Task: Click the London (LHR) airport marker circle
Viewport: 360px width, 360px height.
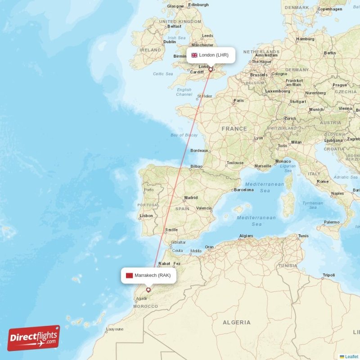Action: click(x=210, y=69)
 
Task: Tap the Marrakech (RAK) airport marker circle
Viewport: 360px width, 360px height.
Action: click(x=148, y=290)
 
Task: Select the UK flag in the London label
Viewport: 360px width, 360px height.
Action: click(x=194, y=55)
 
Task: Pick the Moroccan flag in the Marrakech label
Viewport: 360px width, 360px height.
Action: click(x=129, y=275)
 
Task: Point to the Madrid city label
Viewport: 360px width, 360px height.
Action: click(x=191, y=198)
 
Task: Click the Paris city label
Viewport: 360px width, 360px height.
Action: click(x=238, y=100)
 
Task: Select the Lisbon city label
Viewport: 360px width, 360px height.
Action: click(x=146, y=216)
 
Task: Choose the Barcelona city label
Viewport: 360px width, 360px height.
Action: click(x=244, y=190)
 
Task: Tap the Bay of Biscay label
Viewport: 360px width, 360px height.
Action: click(x=184, y=135)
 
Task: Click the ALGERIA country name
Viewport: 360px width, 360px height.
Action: click(x=237, y=323)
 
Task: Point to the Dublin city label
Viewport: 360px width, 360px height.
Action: click(x=170, y=42)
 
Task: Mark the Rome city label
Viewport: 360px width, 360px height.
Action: click(x=323, y=182)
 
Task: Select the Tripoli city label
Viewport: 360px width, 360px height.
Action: click(x=329, y=275)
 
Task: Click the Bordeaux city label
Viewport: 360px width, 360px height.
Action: click(x=199, y=151)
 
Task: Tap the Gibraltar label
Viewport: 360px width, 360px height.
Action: click(x=178, y=242)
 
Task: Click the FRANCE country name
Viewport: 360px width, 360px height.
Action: click(x=234, y=129)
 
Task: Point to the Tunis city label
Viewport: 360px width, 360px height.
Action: click(x=303, y=236)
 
